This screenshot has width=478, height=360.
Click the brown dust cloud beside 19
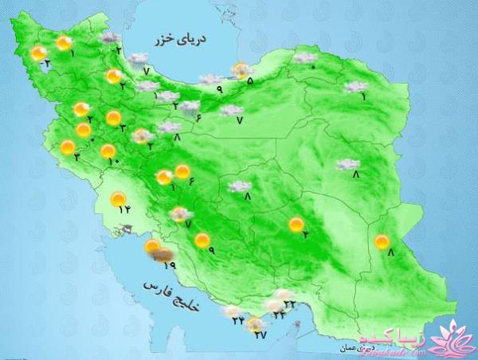164,256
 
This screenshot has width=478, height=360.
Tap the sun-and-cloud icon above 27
255,323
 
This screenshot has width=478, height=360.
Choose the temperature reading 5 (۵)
250,80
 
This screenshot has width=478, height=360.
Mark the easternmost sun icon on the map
383,241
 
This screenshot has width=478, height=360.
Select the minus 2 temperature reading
47,62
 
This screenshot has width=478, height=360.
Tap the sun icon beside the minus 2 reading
38,53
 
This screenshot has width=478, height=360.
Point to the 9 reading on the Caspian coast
219,89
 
